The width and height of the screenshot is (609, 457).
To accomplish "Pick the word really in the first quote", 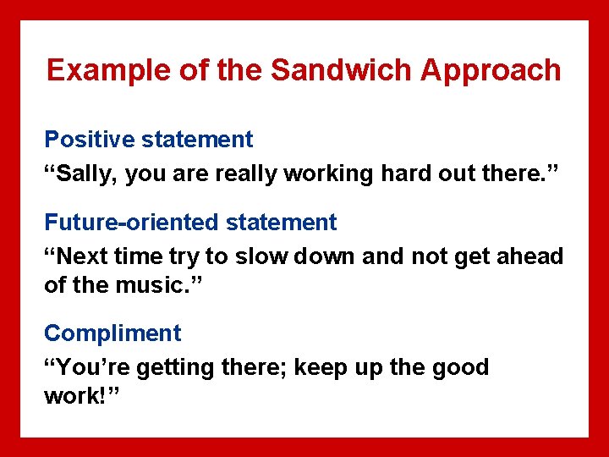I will pyautogui.click(x=246, y=173).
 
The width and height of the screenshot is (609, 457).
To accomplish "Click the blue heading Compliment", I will pyautogui.click(x=112, y=333).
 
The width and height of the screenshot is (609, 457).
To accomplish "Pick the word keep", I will pyautogui.click(x=320, y=367).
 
